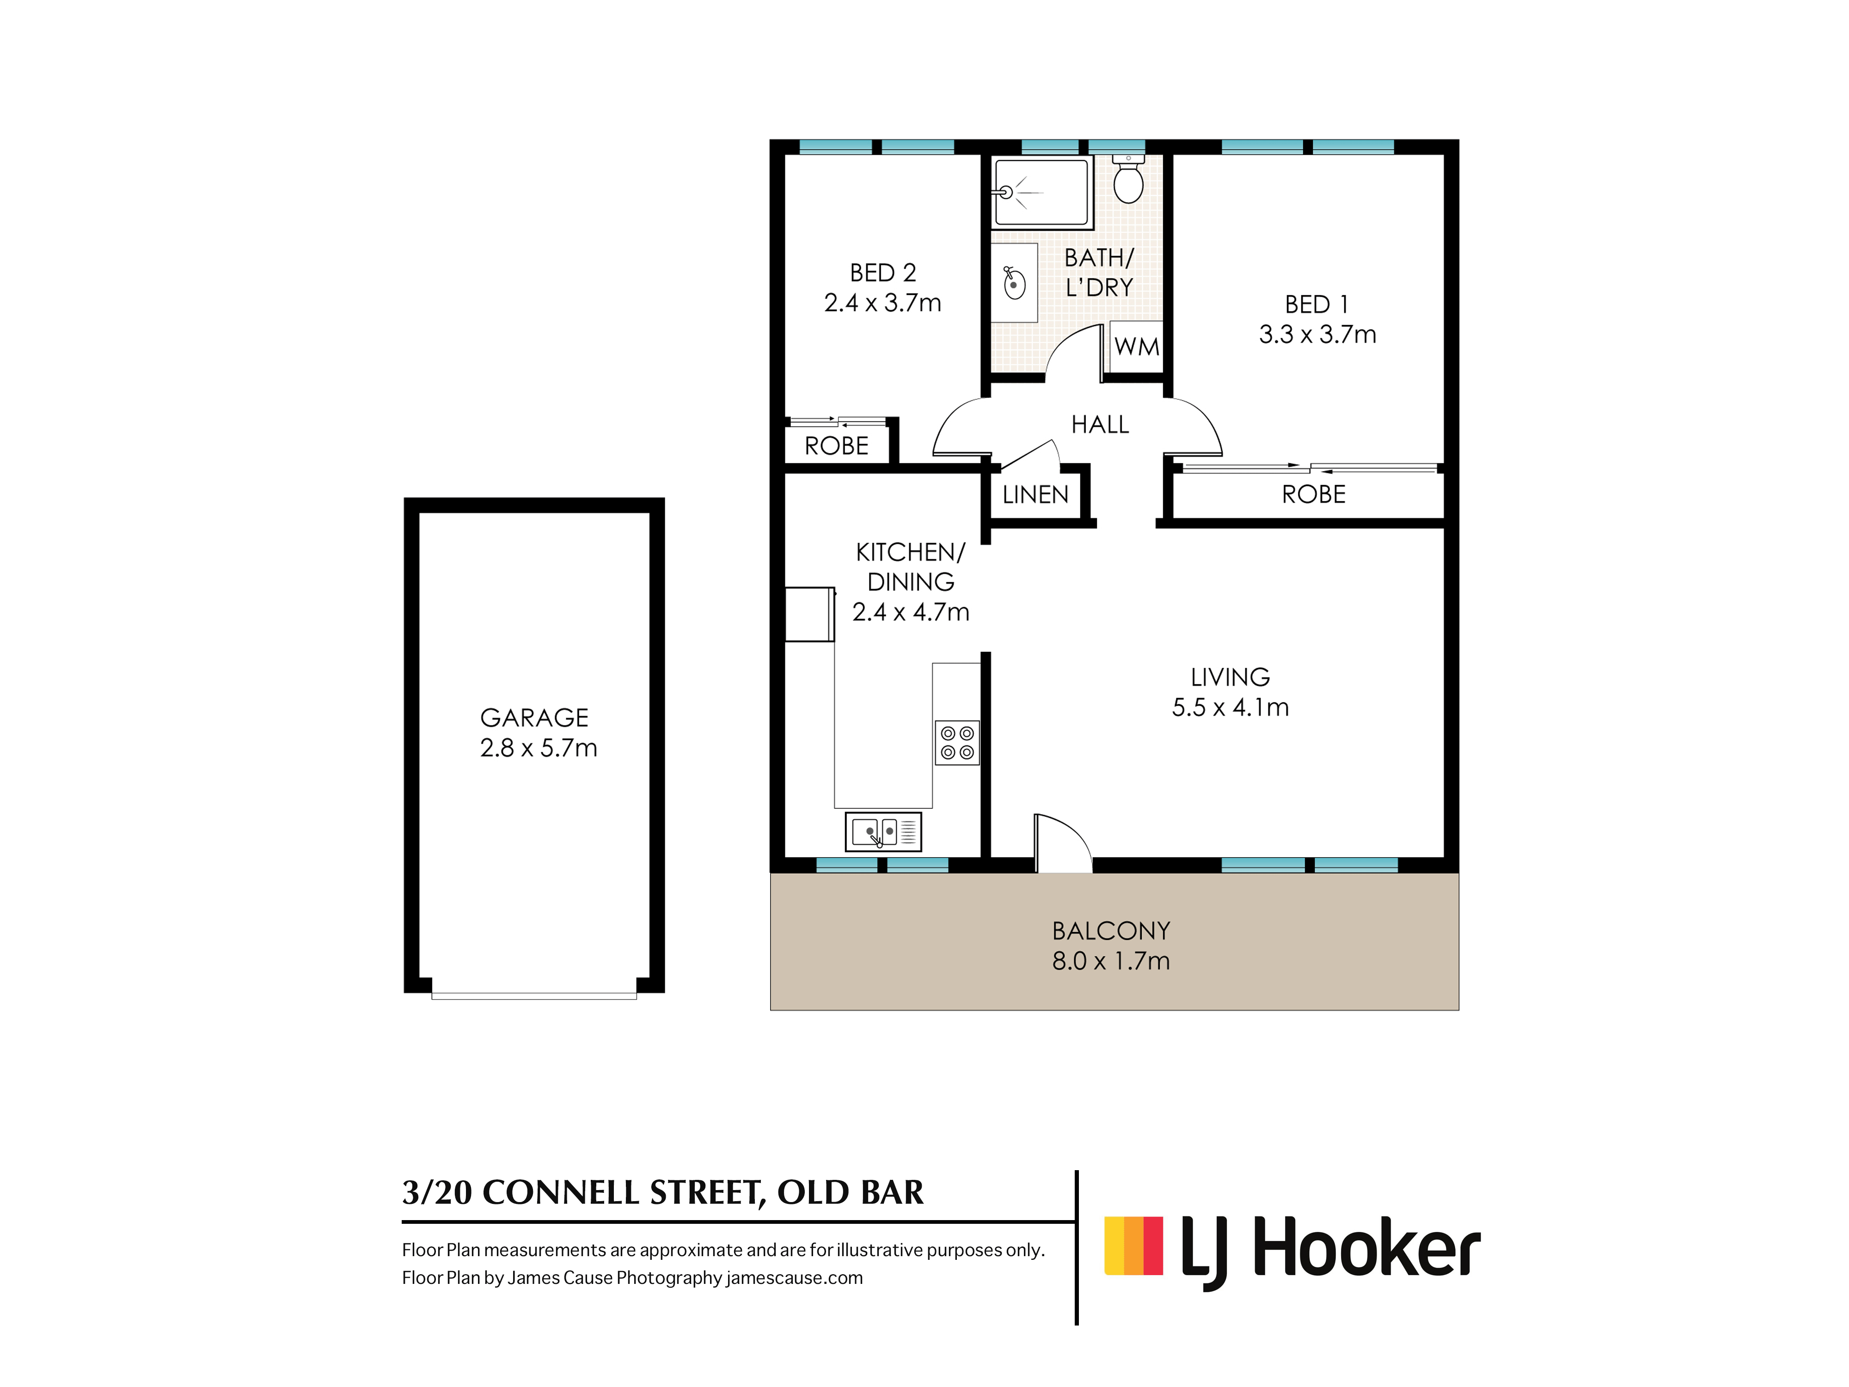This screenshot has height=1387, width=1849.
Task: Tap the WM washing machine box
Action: (1137, 347)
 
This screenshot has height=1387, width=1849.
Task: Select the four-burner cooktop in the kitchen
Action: (957, 743)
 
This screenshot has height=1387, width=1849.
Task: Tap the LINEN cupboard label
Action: (1035, 495)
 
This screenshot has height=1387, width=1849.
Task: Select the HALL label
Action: (1100, 425)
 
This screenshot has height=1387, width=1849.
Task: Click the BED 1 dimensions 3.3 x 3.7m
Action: (1317, 334)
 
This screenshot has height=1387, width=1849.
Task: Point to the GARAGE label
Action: (534, 718)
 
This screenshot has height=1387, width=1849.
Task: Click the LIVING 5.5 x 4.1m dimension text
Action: (1230, 707)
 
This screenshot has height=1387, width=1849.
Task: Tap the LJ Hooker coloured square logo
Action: (1133, 1246)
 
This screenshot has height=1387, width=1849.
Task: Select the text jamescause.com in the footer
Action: (794, 1277)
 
